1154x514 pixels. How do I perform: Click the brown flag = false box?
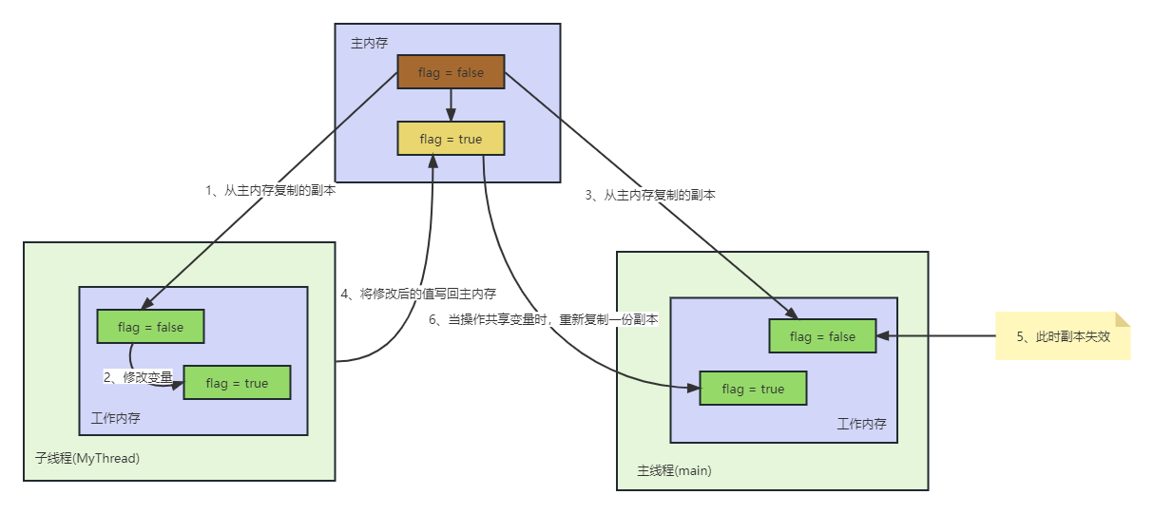coord(451,72)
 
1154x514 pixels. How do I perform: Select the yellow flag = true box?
coord(451,139)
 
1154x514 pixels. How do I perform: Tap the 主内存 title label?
coord(369,43)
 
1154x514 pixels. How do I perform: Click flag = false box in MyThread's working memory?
coord(151,327)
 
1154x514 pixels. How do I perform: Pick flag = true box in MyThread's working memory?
coord(237,383)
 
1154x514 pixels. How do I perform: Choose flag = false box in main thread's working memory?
coord(822,336)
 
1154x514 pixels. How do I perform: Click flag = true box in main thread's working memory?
coord(753,389)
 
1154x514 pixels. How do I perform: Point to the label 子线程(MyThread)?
coord(87,458)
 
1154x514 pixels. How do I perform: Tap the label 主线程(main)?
coord(674,470)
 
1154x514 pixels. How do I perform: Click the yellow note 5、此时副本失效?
coord(1062,335)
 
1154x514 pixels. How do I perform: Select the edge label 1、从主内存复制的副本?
coord(271,190)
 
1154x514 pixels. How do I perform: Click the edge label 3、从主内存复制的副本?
coord(650,195)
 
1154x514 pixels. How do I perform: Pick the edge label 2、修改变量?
coord(139,377)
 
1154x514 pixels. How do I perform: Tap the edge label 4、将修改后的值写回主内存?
coord(418,295)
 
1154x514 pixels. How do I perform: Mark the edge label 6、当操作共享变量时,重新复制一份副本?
coord(543,320)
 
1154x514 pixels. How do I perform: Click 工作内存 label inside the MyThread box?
coord(116,418)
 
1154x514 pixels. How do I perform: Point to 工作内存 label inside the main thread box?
coord(861,424)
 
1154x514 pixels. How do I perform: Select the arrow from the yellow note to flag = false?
coord(936,335)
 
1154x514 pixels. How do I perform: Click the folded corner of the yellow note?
coord(1123,319)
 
